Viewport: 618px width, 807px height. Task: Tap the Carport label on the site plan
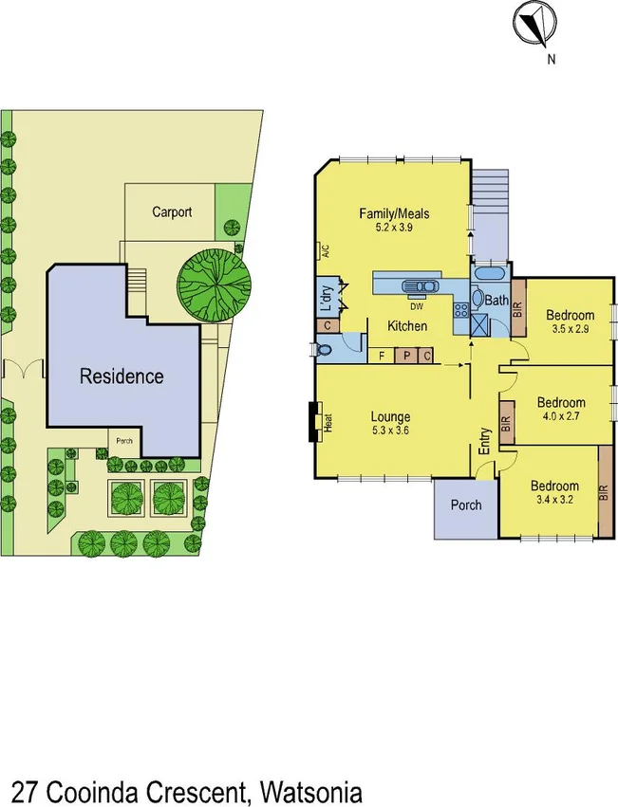click(x=172, y=211)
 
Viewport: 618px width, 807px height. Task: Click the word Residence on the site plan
click(x=121, y=376)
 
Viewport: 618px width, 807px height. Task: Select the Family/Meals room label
click(x=394, y=213)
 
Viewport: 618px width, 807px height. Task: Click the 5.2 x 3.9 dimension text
click(x=394, y=229)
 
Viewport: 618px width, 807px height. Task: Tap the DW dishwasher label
click(x=416, y=306)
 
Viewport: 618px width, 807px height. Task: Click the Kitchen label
click(x=406, y=326)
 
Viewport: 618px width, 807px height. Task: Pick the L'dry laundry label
click(x=325, y=299)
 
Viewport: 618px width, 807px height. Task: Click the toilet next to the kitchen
click(x=326, y=349)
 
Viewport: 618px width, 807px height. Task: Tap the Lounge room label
click(x=390, y=416)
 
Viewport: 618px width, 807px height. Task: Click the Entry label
click(x=484, y=442)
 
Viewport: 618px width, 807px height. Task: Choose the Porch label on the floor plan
click(x=465, y=504)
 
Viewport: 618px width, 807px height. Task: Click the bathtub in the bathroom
click(x=490, y=276)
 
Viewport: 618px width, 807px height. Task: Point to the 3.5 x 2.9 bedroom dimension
click(x=570, y=330)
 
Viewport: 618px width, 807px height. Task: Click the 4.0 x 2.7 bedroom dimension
click(x=558, y=414)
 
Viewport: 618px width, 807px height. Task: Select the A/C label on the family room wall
click(x=324, y=251)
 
